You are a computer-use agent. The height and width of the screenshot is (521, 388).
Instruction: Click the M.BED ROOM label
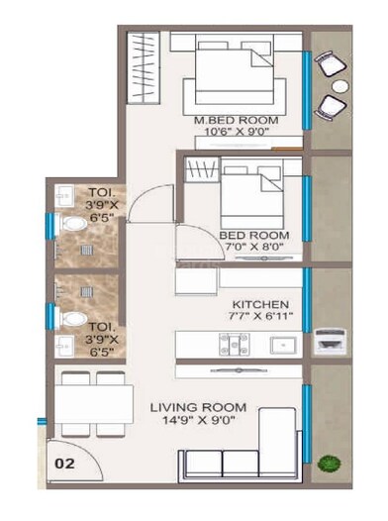236,120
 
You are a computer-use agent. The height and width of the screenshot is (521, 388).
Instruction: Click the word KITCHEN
259,303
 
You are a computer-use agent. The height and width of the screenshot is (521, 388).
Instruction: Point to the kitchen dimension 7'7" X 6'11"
259,316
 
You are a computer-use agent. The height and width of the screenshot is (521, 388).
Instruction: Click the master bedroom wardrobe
144,69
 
